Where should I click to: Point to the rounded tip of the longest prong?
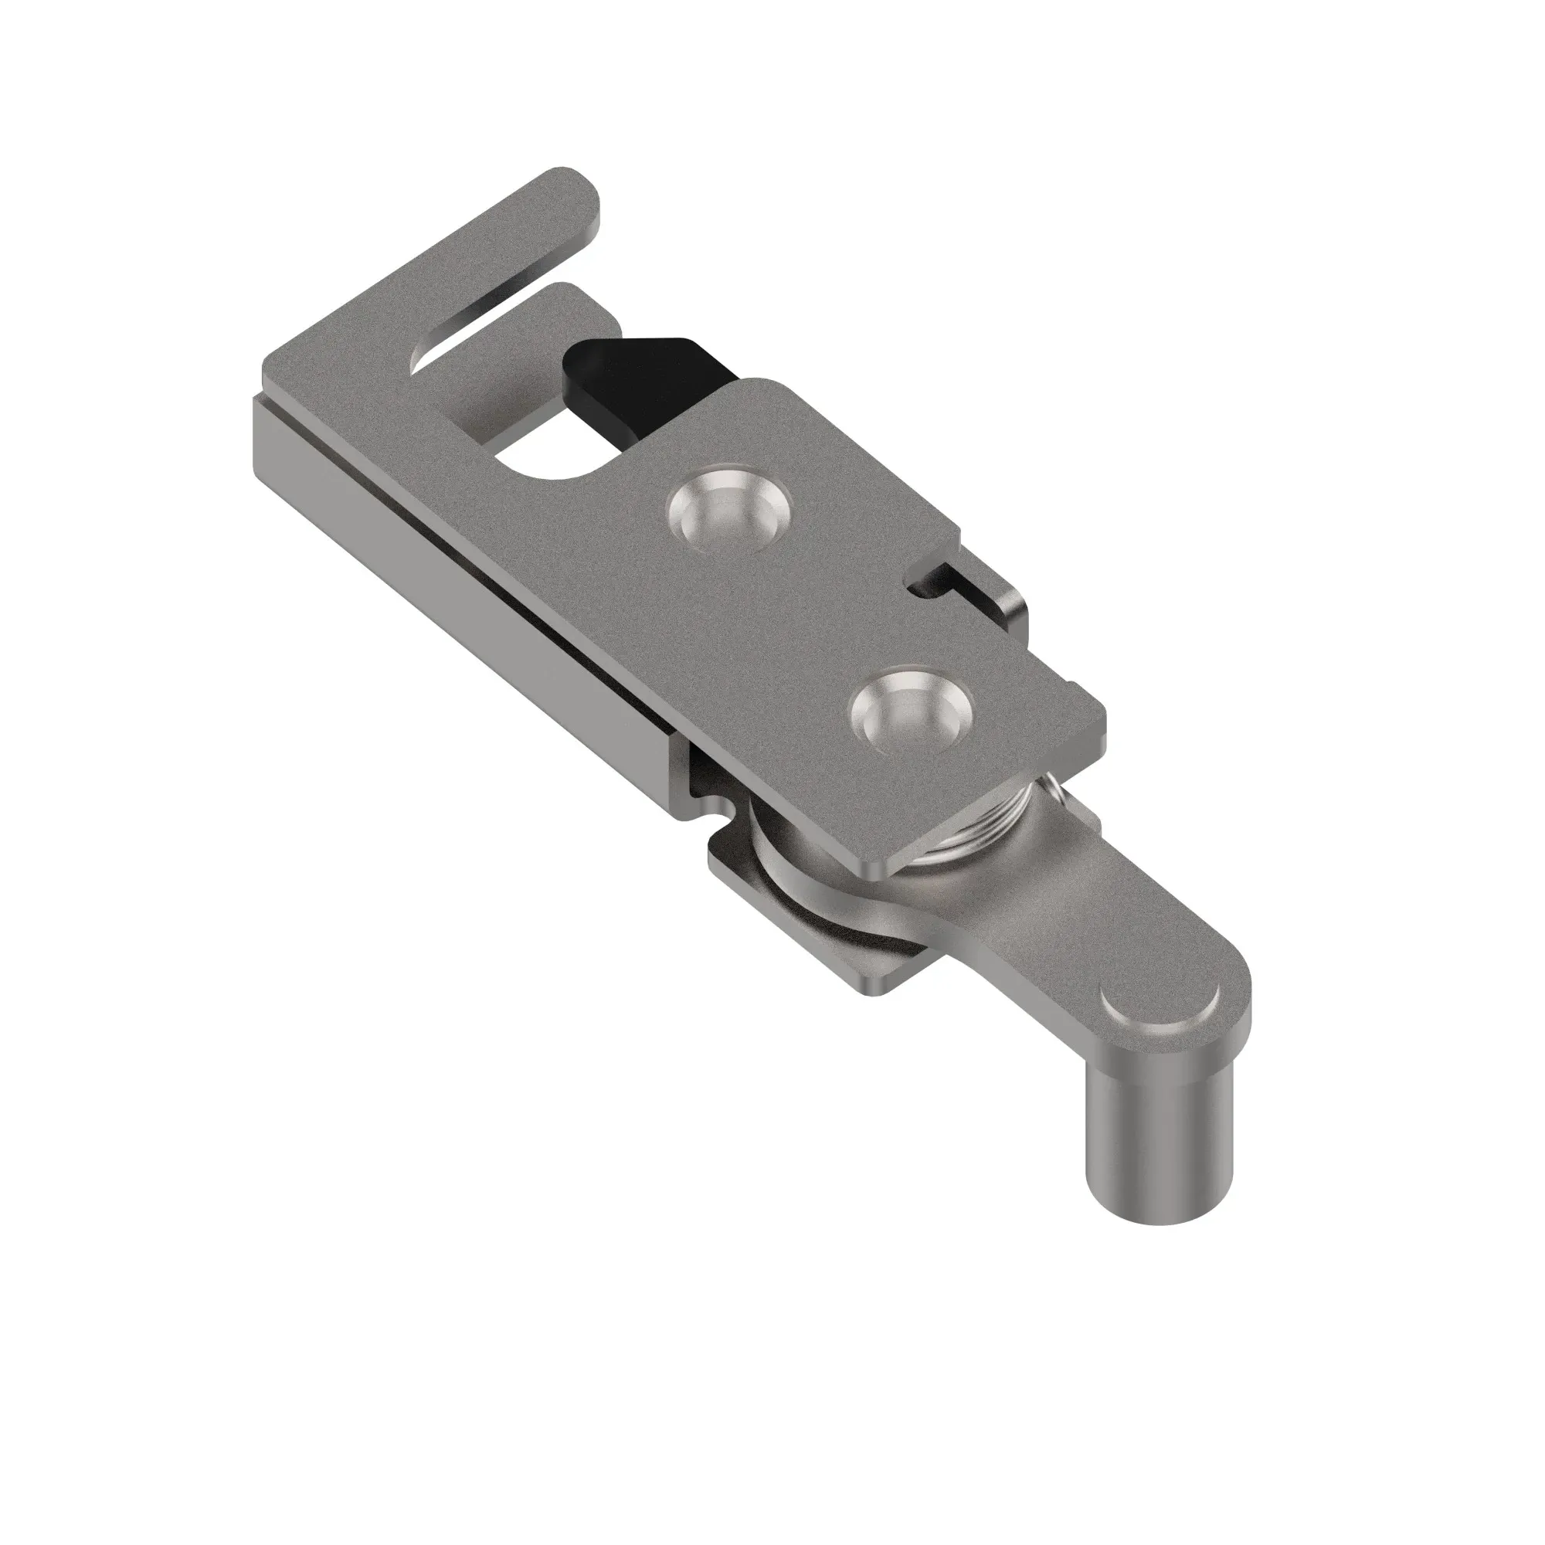coord(572,188)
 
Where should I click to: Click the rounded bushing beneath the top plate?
coord(776,847)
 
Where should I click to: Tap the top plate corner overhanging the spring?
coord(888,868)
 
